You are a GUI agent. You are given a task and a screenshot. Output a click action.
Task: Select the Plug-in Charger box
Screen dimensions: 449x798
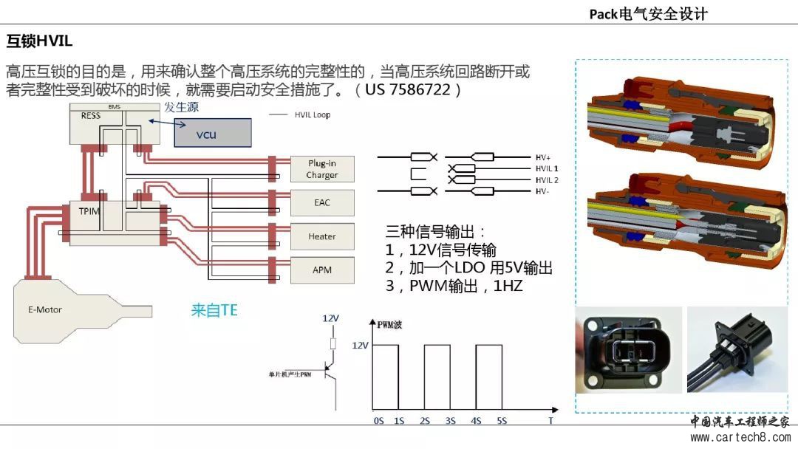point(322,169)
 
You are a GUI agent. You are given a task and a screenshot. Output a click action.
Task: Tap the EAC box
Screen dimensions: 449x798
point(322,201)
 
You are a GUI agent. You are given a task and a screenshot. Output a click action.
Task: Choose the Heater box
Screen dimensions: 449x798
point(322,236)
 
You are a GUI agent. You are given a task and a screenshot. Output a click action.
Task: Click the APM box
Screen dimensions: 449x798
point(322,270)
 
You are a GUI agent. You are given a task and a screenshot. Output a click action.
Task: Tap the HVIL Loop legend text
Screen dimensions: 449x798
point(311,114)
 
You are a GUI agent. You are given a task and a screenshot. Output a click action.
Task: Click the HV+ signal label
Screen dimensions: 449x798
point(543,157)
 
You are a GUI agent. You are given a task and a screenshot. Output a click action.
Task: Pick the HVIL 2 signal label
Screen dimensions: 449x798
point(547,180)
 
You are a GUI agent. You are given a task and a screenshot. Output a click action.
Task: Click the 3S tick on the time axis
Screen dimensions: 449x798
point(449,419)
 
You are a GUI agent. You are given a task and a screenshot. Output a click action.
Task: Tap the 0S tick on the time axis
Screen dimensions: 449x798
point(378,419)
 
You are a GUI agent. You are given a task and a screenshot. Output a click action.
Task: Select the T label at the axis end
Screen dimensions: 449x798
point(550,419)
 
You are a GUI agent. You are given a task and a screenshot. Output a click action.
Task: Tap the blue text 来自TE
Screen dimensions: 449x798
point(214,310)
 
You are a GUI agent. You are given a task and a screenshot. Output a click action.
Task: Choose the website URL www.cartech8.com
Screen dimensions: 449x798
point(742,436)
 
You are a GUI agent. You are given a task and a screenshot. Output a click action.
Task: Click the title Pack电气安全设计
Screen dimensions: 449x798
point(648,13)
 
